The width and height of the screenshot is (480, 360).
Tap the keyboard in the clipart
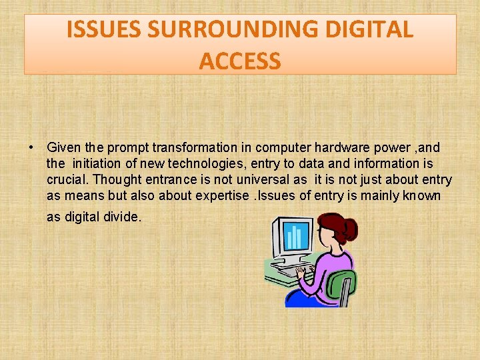293,270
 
